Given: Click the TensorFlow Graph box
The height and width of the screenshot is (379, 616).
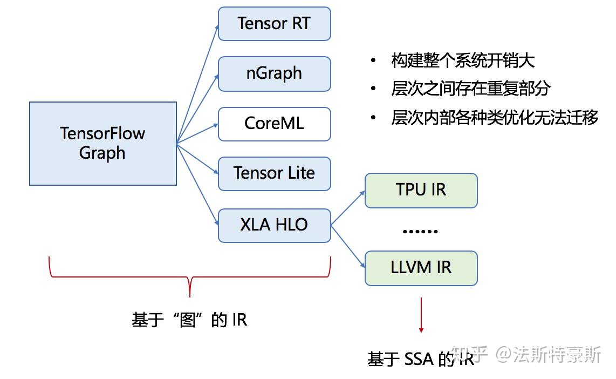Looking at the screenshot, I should coord(102,144).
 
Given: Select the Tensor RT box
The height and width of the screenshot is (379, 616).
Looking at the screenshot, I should coord(274,24).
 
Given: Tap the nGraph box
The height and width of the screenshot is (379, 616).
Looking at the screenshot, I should coord(274,73).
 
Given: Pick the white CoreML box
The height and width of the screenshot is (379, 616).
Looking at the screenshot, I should coord(274,124).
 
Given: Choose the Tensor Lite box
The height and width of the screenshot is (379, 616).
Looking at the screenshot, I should coord(274,173).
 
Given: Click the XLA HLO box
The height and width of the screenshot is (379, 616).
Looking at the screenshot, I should coord(274,225).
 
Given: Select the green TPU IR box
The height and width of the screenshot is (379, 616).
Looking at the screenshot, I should coord(421,190).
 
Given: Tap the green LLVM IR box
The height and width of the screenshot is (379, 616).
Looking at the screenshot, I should coord(421,268).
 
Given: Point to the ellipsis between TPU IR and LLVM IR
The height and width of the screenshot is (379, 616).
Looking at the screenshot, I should coord(420,231).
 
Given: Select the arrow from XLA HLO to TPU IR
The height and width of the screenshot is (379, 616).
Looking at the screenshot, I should coord(348,208).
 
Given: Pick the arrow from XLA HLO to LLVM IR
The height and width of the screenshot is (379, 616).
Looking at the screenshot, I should coord(348,246).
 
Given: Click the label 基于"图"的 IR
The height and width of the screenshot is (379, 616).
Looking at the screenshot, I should coord(189,320).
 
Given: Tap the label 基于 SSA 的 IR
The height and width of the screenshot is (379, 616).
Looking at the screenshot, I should coord(421,359).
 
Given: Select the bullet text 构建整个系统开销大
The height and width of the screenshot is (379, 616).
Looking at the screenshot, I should coord(463,61).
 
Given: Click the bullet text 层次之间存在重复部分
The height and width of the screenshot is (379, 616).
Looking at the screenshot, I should coord(470,89).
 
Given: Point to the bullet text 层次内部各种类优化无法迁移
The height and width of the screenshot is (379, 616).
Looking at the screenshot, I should coord(495,118).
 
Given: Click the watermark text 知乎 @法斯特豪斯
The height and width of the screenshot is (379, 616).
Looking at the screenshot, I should coord(526,355).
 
